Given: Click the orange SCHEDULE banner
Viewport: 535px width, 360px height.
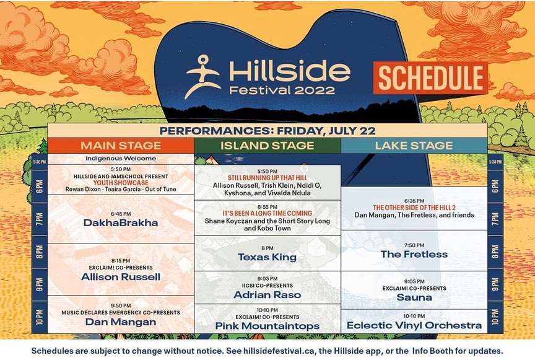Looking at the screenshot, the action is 430,78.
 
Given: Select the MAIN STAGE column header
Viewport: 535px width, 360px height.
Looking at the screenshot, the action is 121,146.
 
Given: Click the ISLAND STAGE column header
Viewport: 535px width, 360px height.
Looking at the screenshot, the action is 267,146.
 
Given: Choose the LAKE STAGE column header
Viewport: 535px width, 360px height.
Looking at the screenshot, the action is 414,146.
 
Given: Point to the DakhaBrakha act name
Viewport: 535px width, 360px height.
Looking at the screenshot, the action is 121,223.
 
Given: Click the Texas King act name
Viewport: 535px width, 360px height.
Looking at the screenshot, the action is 267,257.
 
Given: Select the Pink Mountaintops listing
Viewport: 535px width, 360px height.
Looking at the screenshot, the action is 267,326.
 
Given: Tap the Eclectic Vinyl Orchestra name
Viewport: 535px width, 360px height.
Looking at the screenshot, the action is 414,325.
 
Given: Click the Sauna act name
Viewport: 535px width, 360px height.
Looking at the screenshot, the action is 414,297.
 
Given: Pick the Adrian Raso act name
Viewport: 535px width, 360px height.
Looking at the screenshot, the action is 267,295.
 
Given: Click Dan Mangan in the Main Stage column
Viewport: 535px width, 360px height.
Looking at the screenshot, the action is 121,322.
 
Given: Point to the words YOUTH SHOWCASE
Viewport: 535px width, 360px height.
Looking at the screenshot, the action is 121,183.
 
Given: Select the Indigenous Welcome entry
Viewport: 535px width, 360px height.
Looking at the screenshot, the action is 121,159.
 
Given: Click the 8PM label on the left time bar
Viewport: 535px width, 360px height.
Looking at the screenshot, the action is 40,252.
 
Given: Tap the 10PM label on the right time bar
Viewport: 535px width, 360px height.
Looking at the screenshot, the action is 495,317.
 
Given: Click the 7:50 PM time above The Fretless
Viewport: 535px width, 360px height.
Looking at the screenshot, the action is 414,245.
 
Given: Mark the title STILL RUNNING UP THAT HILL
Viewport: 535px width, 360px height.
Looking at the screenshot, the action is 267,178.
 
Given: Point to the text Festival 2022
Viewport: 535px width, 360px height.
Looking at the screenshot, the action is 282,90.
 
